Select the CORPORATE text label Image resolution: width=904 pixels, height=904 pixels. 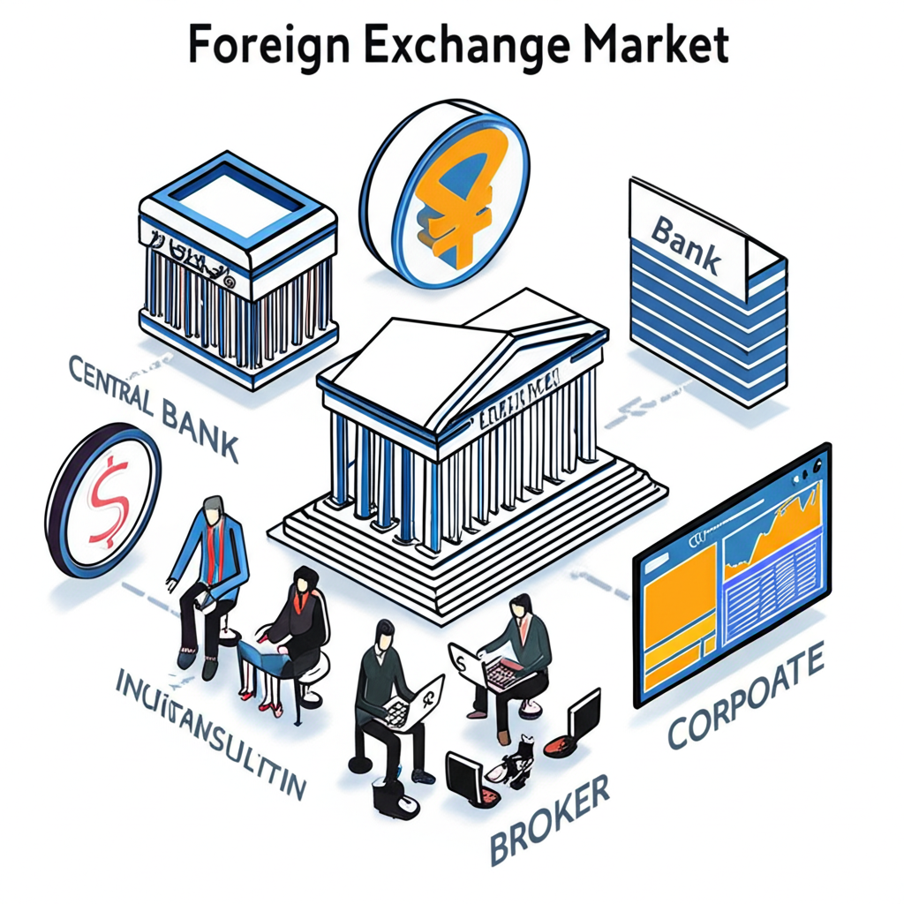click(746, 697)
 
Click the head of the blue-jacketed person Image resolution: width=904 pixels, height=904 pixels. click(212, 508)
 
